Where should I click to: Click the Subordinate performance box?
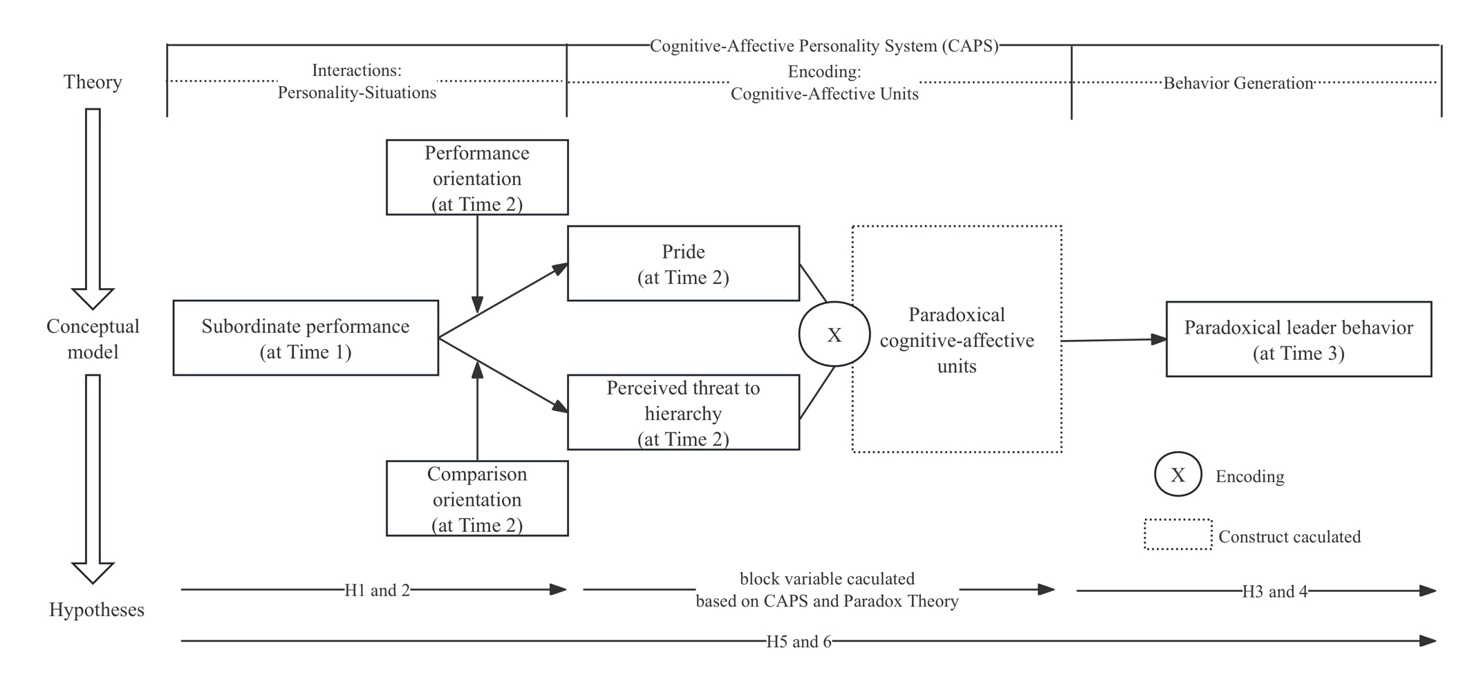306,338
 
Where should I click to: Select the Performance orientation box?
477,178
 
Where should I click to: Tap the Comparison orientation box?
477,498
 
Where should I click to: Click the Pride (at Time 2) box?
683,263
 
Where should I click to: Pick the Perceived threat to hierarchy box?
683,412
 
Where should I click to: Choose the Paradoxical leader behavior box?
1298,339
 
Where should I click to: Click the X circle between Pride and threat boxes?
834,334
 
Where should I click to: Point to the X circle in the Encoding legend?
1177,475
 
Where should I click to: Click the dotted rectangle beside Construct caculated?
1177,535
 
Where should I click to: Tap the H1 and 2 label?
377,590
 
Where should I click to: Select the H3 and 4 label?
1274,591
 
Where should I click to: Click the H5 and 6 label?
798,642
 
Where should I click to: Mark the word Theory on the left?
93,82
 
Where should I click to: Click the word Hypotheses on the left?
96,610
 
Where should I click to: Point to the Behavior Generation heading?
1238,84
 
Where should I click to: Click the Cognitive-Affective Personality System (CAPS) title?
823,46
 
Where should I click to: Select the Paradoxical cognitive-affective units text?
957,340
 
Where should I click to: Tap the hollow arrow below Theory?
93,207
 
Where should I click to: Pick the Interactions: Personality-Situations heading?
357,82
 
